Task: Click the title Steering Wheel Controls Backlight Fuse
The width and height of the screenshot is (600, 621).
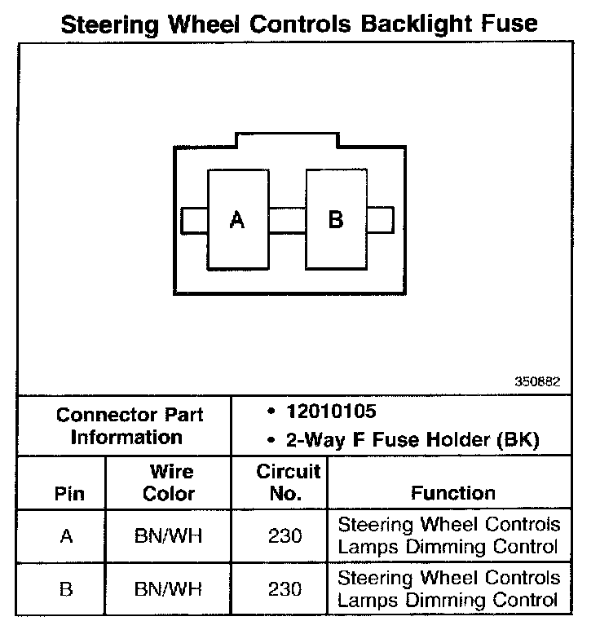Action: [x=299, y=23]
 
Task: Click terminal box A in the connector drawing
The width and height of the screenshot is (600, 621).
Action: [x=237, y=219]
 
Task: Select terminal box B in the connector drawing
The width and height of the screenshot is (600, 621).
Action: [x=335, y=219]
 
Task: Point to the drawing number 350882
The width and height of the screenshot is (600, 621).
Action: [x=537, y=381]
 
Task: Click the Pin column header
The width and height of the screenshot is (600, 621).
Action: [x=68, y=494]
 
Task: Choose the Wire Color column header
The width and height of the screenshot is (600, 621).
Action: [x=170, y=482]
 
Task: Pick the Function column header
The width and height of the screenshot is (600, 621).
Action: [x=452, y=493]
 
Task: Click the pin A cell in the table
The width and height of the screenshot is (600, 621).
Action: [x=67, y=536]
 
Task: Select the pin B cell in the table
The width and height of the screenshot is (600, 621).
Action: [x=67, y=589]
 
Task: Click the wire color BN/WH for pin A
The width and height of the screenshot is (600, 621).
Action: [x=170, y=536]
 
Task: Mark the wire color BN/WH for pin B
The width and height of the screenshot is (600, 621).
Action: [x=170, y=589]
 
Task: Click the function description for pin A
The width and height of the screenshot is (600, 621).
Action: [x=448, y=535]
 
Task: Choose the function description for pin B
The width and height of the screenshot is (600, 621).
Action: [x=448, y=589]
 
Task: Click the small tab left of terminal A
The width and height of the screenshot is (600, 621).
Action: [x=194, y=219]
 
